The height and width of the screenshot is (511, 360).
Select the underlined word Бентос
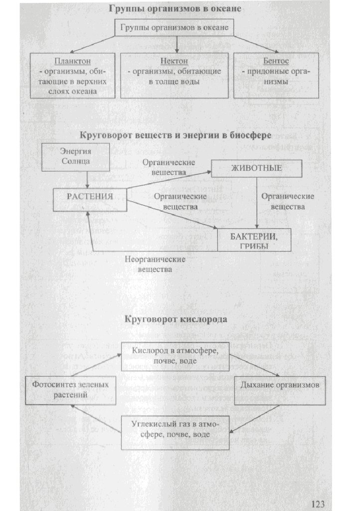(x=276, y=61)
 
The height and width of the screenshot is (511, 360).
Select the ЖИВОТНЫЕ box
(x=256, y=168)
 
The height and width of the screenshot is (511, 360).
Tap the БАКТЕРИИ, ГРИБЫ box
(x=254, y=240)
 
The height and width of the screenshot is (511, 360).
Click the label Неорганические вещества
(x=155, y=264)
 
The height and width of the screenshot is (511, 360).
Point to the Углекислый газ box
(x=175, y=429)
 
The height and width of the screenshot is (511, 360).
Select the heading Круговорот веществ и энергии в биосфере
(x=176, y=135)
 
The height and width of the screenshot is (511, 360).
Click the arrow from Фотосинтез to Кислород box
(x=97, y=365)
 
